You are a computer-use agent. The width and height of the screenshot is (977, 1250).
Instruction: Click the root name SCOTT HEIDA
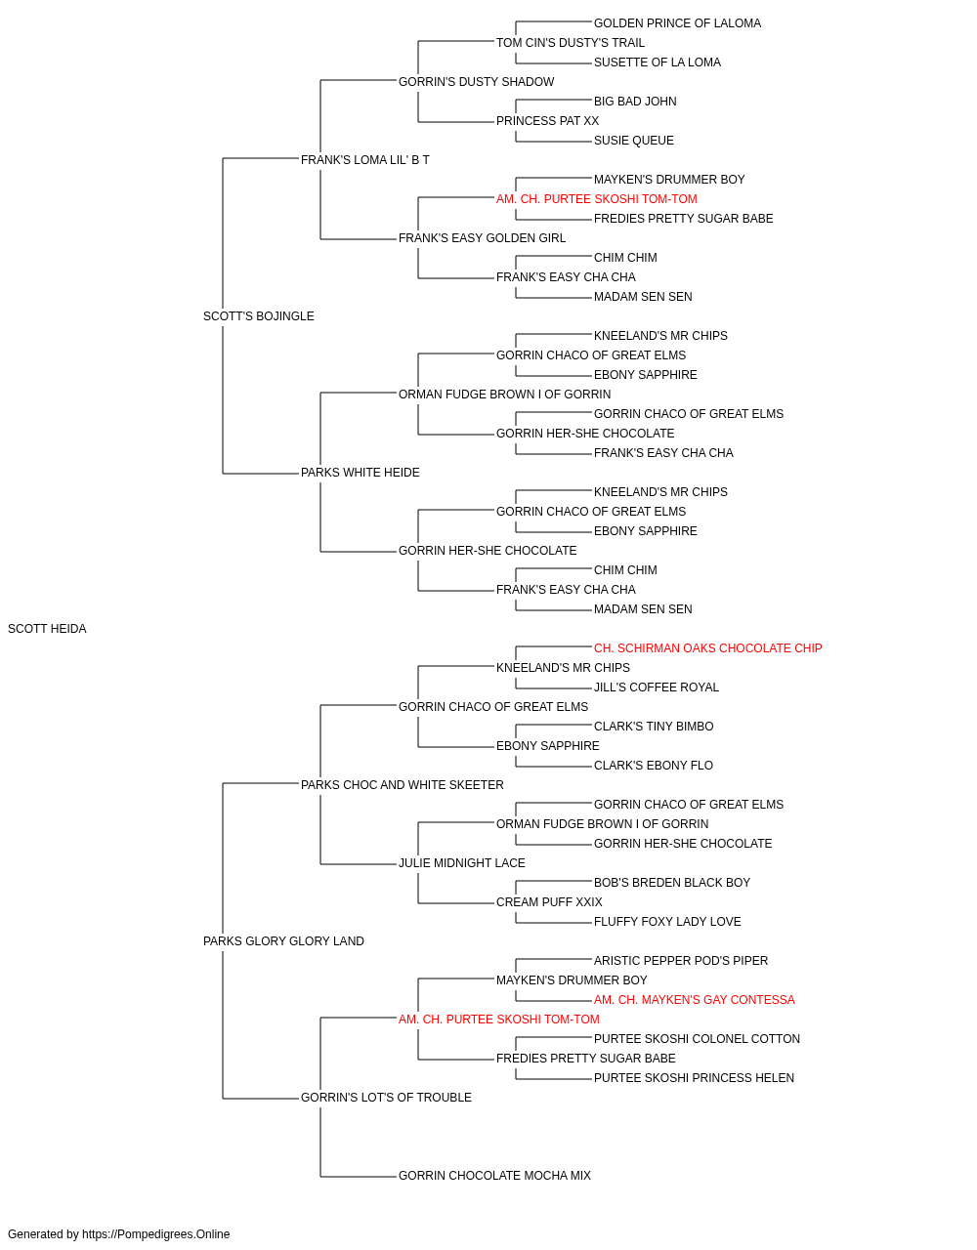click(x=47, y=629)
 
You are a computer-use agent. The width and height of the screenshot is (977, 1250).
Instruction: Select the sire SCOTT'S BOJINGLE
click(x=258, y=316)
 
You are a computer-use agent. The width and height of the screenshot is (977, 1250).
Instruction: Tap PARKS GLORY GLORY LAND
click(x=283, y=941)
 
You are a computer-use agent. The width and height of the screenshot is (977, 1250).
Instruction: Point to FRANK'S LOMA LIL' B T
click(x=364, y=160)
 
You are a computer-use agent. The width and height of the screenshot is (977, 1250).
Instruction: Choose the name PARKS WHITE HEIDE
click(x=361, y=473)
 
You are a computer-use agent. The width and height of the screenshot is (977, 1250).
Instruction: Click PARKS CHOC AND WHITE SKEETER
click(x=403, y=784)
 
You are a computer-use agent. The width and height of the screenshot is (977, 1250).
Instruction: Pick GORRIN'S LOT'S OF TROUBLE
click(x=386, y=1097)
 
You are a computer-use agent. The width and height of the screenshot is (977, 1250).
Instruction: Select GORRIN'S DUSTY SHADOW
click(x=477, y=82)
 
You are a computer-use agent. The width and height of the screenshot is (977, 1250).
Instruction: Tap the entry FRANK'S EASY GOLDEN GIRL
click(x=483, y=238)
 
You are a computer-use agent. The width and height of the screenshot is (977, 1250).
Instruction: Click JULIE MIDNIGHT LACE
click(x=461, y=863)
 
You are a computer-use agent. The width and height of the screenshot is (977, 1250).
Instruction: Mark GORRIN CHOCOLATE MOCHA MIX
click(x=494, y=1175)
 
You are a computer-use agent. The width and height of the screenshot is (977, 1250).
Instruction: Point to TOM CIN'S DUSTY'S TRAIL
click(x=571, y=43)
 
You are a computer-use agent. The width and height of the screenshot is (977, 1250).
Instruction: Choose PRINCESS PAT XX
click(x=547, y=121)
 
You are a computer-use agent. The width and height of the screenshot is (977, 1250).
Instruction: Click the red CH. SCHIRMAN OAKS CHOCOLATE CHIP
click(x=707, y=648)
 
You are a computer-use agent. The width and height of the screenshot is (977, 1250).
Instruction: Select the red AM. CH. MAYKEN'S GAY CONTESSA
click(x=694, y=1000)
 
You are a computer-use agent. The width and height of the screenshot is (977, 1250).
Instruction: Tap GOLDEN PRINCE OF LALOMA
click(x=677, y=23)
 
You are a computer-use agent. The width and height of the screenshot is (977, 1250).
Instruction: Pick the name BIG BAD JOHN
click(x=635, y=102)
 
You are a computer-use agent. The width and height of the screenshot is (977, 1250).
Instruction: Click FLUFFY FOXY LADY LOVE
click(x=667, y=922)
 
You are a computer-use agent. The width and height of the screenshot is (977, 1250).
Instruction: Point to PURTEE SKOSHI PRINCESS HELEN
click(x=694, y=1077)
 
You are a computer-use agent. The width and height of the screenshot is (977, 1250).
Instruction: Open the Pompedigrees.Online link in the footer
click(x=156, y=1234)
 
